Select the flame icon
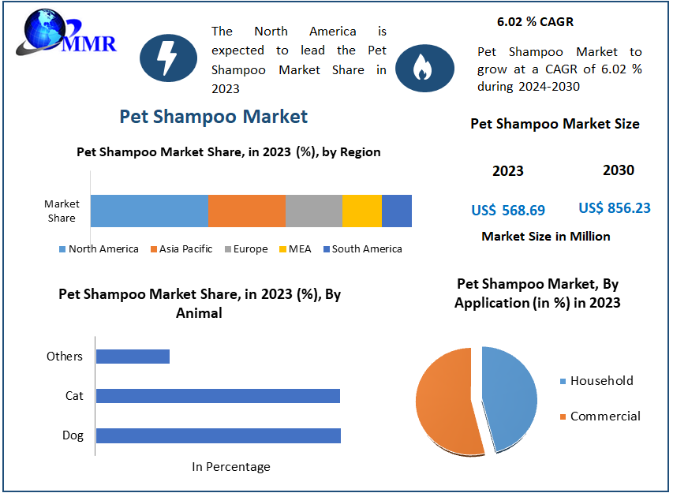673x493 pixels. (424, 68)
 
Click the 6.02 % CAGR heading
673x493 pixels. (536, 21)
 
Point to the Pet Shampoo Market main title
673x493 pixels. (213, 117)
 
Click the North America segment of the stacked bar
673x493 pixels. (149, 211)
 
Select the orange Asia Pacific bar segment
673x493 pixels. (246, 211)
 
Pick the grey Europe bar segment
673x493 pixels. (313, 211)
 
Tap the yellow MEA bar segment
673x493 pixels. (361, 211)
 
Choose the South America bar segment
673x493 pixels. (397, 211)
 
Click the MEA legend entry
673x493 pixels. (294, 249)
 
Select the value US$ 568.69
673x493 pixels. (508, 210)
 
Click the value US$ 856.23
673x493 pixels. (615, 208)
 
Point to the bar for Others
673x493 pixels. (133, 356)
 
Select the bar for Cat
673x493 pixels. (218, 395)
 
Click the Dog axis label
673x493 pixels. (73, 435)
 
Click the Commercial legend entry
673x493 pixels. (604, 416)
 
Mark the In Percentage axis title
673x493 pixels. (231, 467)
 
